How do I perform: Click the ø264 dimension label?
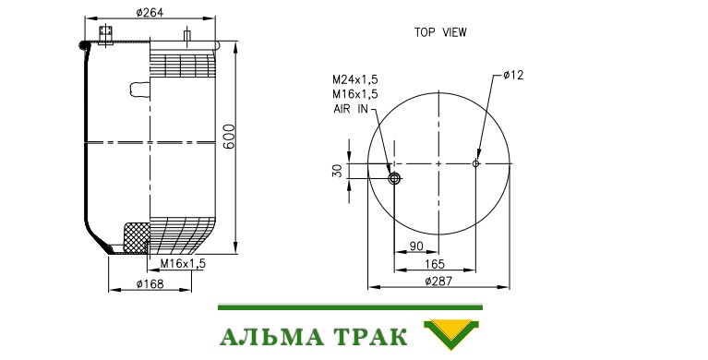click(x=150, y=12)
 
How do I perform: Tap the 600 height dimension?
click(x=229, y=136)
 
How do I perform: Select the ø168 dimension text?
click(x=150, y=283)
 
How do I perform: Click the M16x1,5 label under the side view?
click(x=183, y=263)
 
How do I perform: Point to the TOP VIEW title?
click(x=440, y=32)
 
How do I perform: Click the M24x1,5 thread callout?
click(x=354, y=79)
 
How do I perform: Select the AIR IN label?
click(x=351, y=109)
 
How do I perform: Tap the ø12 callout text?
click(x=513, y=75)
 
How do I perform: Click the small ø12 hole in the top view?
click(x=475, y=163)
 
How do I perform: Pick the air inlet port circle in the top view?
click(x=395, y=179)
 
